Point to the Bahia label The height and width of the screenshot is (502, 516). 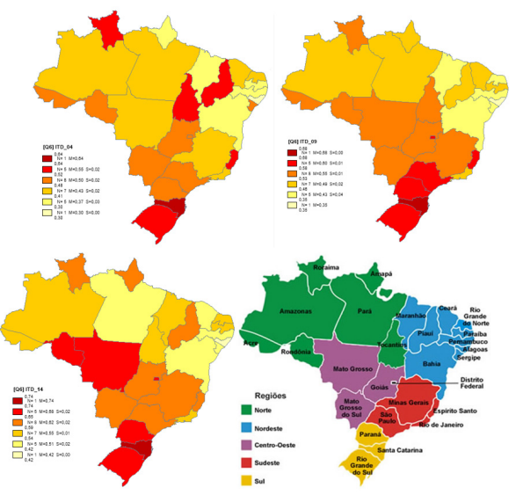coord(432,363)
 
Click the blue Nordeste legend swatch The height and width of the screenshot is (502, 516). coord(250,427)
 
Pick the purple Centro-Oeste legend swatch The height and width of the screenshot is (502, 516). coord(250,445)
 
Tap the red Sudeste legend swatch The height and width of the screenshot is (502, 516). coord(250,463)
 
